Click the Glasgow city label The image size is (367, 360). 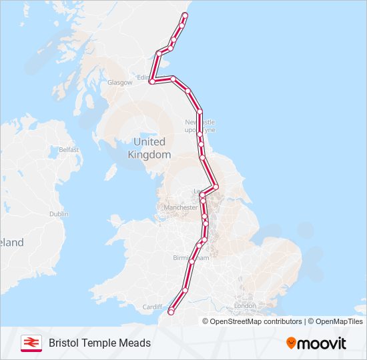[120, 83]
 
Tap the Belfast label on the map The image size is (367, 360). [68, 150]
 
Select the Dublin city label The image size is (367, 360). [59, 214]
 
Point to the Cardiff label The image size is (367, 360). [152, 307]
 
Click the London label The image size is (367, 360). [244, 306]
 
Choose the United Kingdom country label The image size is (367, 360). [149, 148]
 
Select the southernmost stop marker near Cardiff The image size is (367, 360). [171, 311]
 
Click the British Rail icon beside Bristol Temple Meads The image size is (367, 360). [31, 343]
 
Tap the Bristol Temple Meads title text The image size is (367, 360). [99, 343]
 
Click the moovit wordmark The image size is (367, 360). [322, 343]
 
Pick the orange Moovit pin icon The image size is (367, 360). [292, 343]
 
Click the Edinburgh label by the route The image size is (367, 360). [145, 77]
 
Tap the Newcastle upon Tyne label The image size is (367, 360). [200, 126]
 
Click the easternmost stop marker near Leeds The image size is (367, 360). [216, 187]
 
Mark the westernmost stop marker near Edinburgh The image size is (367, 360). [152, 81]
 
